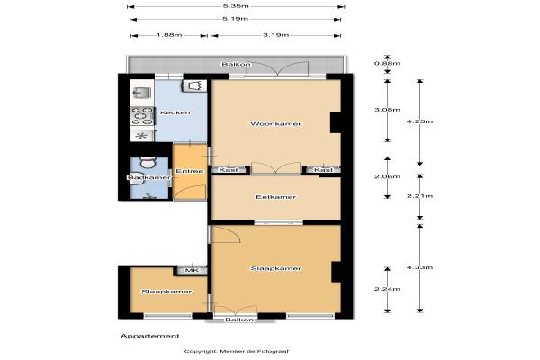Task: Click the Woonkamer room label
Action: [x=276, y=123]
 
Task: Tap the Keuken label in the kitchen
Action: [x=175, y=112]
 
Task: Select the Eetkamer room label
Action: [x=276, y=197]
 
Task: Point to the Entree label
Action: [x=189, y=171]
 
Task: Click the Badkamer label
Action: [x=148, y=178]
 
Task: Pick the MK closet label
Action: [x=192, y=270]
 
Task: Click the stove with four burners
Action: [x=142, y=116]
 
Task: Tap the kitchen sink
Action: [x=142, y=93]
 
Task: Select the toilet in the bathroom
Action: [x=148, y=162]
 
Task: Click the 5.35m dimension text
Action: [x=236, y=6]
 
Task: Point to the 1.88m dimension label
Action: [x=169, y=35]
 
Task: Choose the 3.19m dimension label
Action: [x=276, y=35]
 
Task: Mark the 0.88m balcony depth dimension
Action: [x=387, y=63]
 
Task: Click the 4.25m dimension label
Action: [x=419, y=121]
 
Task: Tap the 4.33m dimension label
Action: [x=419, y=267]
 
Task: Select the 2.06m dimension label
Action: [x=387, y=176]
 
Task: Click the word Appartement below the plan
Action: [x=150, y=336]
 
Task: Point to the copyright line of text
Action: [x=237, y=351]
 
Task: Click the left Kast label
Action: [x=229, y=170]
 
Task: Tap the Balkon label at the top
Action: [x=236, y=65]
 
